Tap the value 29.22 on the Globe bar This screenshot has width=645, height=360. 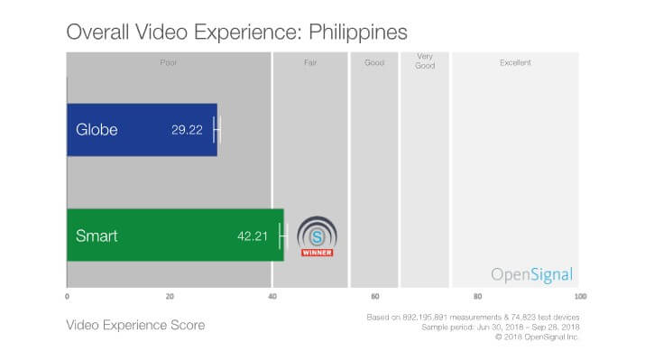pyautogui.click(x=187, y=130)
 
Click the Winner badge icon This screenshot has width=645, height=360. pyautogui.click(x=317, y=236)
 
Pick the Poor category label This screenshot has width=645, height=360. pyautogui.click(x=168, y=63)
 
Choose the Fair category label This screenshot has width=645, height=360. pyautogui.click(x=309, y=63)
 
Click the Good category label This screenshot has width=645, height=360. pyautogui.click(x=374, y=63)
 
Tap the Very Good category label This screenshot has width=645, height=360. pyautogui.click(x=424, y=61)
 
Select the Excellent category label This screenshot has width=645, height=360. pyautogui.click(x=515, y=63)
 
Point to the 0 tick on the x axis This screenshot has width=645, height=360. pyautogui.click(x=67, y=297)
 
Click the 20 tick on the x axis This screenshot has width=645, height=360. pyautogui.click(x=170, y=297)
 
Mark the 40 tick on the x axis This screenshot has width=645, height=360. pyautogui.click(x=272, y=297)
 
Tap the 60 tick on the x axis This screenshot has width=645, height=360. pyautogui.click(x=375, y=297)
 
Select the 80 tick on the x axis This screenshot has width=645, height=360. pyautogui.click(x=477, y=297)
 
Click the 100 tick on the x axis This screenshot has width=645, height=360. pyautogui.click(x=579, y=297)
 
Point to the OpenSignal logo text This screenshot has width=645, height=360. pyautogui.click(x=531, y=275)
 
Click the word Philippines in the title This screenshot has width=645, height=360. pyautogui.click(x=356, y=32)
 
